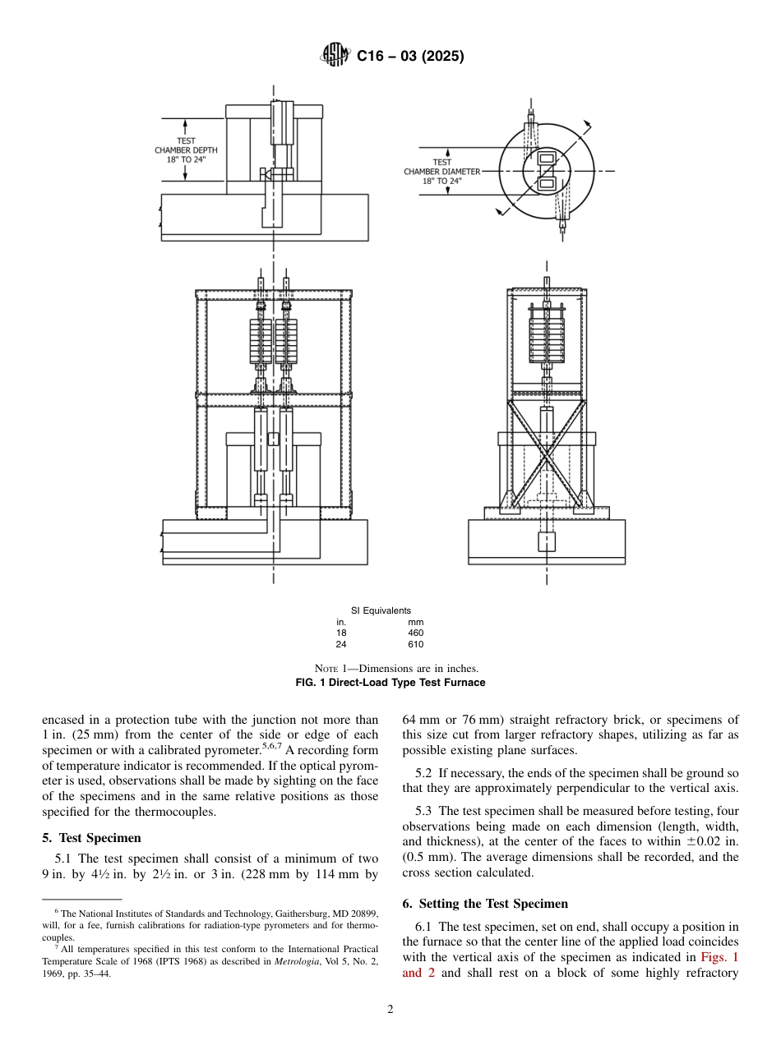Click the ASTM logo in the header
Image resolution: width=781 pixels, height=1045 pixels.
pyautogui.click(x=335, y=56)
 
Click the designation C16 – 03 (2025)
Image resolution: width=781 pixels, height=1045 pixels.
pyautogui.click(x=409, y=57)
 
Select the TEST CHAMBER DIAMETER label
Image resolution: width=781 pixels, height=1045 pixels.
pyautogui.click(x=441, y=172)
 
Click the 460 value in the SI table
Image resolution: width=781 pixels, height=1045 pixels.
pyautogui.click(x=415, y=633)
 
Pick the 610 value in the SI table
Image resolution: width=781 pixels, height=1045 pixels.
pyautogui.click(x=415, y=644)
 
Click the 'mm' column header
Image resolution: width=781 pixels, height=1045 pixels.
pyautogui.click(x=415, y=623)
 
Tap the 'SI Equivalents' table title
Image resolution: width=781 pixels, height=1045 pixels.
pyautogui.click(x=381, y=610)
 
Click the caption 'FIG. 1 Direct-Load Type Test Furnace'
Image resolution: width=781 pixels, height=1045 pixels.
pyautogui.click(x=390, y=683)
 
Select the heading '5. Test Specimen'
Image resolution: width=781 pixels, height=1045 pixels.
pyautogui.click(x=91, y=838)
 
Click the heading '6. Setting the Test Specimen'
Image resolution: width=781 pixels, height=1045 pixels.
pyautogui.click(x=485, y=904)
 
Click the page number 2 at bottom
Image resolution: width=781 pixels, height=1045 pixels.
pyautogui.click(x=390, y=1010)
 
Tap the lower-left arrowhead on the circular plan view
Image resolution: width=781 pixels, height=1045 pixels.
pyautogui.click(x=498, y=212)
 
